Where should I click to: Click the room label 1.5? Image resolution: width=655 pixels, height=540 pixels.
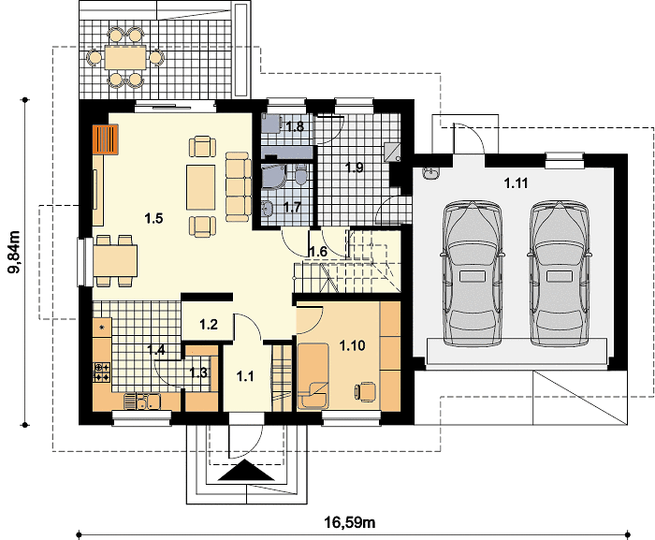[153, 218]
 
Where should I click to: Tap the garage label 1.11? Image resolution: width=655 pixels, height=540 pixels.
[516, 183]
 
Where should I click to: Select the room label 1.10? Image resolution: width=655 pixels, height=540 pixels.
[352, 345]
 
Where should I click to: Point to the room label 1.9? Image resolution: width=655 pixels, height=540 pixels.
[355, 168]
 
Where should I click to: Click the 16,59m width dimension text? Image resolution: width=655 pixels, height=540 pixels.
[350, 522]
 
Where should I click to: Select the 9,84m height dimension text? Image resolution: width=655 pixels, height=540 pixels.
[14, 252]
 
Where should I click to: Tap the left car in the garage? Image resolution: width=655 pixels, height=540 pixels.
[473, 273]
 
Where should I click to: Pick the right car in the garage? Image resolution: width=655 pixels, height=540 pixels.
[560, 273]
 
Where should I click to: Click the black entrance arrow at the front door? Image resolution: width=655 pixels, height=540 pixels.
[246, 471]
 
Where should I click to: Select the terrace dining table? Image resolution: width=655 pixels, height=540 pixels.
[125, 57]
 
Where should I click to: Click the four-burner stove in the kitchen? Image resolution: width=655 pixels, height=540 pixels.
[102, 372]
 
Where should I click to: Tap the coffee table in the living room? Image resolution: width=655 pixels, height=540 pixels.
[201, 187]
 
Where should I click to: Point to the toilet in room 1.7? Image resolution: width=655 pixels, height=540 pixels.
[300, 175]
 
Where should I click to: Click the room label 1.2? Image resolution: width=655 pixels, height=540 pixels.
[208, 325]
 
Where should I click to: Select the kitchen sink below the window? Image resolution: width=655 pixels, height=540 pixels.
[142, 401]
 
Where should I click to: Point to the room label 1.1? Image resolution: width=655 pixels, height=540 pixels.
[245, 376]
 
